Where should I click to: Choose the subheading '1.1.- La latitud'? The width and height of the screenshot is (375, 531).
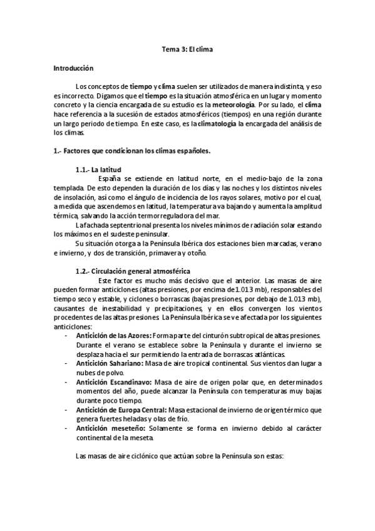tap(98, 170)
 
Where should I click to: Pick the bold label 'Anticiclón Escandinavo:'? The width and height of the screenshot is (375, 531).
tap(113, 382)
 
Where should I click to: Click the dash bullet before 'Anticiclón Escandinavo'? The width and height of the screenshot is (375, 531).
tap(67, 382)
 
